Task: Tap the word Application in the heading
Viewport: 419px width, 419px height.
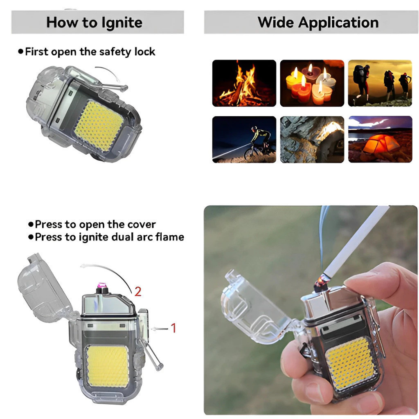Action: (338, 23)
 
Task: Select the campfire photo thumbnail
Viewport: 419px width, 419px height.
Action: (244, 83)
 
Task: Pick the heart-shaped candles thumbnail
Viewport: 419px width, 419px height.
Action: (312, 83)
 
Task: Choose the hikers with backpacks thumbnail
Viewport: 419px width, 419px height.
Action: (380, 83)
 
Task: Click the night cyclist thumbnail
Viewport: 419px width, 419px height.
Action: (244, 139)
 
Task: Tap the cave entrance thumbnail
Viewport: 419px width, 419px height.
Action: (312, 139)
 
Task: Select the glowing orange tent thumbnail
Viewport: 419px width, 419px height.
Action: (380, 139)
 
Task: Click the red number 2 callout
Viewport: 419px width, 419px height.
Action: (138, 291)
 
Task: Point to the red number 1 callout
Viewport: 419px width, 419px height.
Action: (173, 328)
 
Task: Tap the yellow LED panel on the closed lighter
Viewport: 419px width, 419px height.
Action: (99, 126)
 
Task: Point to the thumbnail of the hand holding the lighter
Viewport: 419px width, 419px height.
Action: (311, 310)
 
